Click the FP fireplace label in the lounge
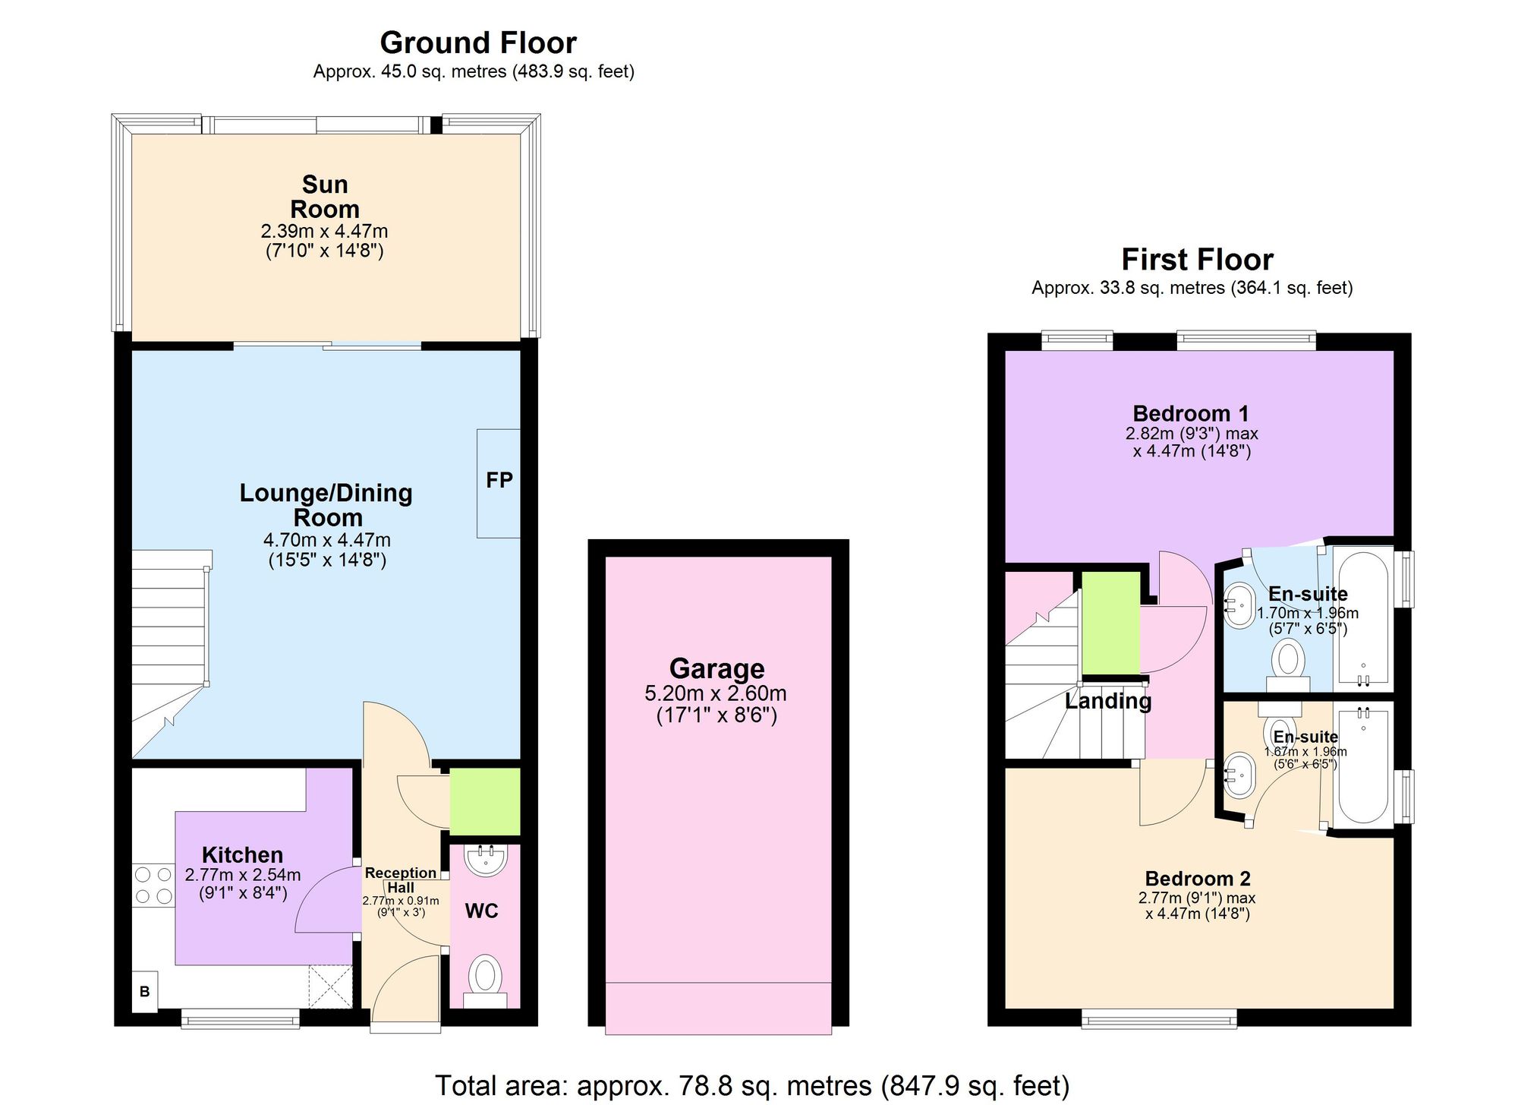pos(499,480)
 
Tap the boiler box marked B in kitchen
pos(144,992)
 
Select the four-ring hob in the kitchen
pos(154,886)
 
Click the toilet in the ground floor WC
pos(484,977)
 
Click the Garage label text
pos(716,668)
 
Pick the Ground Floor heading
pos(478,43)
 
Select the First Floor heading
pos(1197,260)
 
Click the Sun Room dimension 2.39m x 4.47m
pos(324,231)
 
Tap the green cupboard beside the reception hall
pos(485,802)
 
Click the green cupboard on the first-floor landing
pos(1110,623)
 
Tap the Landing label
pos(1107,701)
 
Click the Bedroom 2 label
pos(1197,879)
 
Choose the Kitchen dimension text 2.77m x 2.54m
pos(242,875)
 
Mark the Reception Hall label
pos(401,879)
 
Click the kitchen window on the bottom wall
pos(241,1018)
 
